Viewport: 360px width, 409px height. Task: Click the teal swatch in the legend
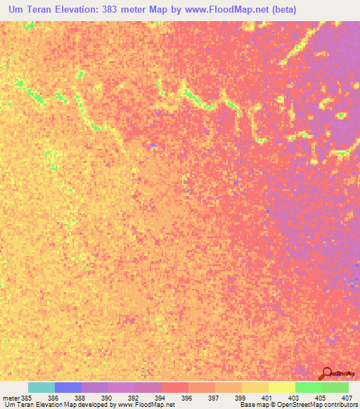click(41, 387)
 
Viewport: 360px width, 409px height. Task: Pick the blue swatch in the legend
click(68, 387)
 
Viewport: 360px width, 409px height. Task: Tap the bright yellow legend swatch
click(282, 387)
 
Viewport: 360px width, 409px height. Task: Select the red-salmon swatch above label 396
click(175, 387)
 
